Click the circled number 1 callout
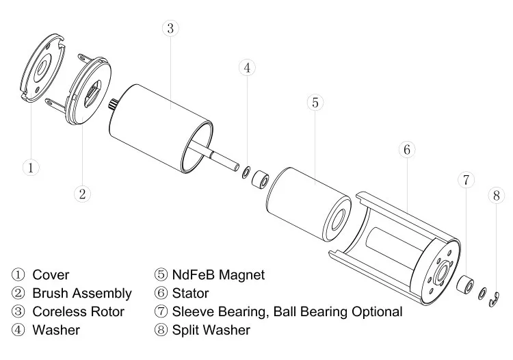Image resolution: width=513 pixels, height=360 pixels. tap(30, 166)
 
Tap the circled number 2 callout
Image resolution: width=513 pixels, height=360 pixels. tap(81, 194)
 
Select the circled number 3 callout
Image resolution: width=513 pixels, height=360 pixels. tap(171, 29)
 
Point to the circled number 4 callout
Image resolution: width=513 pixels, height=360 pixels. tap(248, 67)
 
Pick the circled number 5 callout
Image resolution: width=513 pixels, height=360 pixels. tap(315, 103)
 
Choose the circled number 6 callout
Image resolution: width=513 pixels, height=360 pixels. tap(406, 150)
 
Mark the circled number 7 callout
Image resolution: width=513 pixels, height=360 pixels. tap(466, 180)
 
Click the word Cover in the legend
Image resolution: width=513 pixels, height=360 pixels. tap(51, 275)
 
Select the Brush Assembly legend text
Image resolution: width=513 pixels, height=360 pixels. tap(81, 294)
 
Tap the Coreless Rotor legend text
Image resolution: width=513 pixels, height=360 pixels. tap(78, 312)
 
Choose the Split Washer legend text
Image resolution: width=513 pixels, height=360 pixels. tap(211, 331)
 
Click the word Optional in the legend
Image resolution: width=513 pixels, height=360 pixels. tap(375, 312)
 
